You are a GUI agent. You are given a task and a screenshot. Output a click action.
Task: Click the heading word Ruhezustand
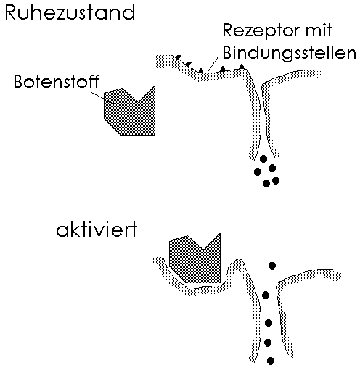(x=70, y=12)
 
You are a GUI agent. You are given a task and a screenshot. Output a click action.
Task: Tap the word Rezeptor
(x=261, y=31)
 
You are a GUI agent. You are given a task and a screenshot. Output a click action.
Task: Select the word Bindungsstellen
(x=290, y=53)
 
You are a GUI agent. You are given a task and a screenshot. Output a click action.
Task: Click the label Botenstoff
(x=57, y=81)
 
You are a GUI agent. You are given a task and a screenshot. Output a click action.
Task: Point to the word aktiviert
(x=97, y=230)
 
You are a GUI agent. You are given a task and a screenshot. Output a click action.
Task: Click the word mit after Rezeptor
(x=319, y=31)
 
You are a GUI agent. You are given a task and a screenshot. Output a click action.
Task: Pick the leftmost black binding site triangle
(x=178, y=57)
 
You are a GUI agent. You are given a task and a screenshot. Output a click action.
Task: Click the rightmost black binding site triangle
(x=242, y=66)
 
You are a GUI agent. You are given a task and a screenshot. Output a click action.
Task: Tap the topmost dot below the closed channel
(x=263, y=159)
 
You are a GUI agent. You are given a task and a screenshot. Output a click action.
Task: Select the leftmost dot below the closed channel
(x=258, y=172)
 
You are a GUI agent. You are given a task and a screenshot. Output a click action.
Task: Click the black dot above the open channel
(x=272, y=265)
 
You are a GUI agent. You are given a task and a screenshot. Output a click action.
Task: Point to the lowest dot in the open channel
(x=271, y=360)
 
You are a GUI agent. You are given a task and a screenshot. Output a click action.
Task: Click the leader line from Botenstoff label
(x=102, y=97)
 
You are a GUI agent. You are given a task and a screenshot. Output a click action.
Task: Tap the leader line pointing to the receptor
(x=213, y=65)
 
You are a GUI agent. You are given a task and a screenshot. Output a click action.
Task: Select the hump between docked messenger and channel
(x=235, y=264)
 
